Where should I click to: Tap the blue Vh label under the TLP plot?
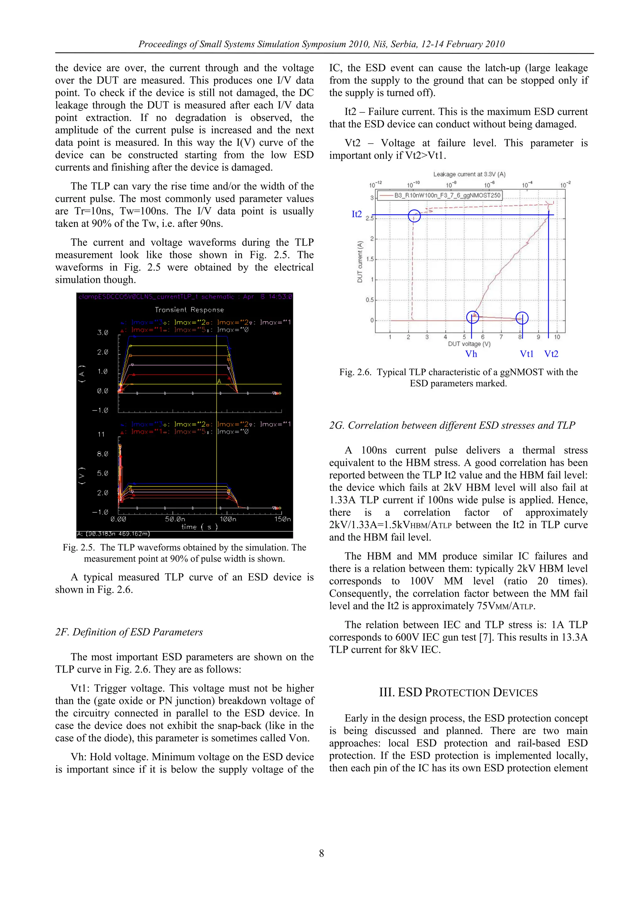point(471,354)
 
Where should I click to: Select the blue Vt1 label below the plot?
point(527,354)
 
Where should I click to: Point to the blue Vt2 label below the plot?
point(551,354)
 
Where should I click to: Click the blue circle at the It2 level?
point(414,215)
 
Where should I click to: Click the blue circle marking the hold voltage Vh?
point(473,317)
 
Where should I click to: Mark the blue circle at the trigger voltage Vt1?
point(522,318)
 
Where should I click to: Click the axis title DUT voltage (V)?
point(469,344)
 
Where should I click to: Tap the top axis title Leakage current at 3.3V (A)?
point(469,174)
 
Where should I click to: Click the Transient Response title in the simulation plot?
point(189,310)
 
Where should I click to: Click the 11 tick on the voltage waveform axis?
point(101,434)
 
